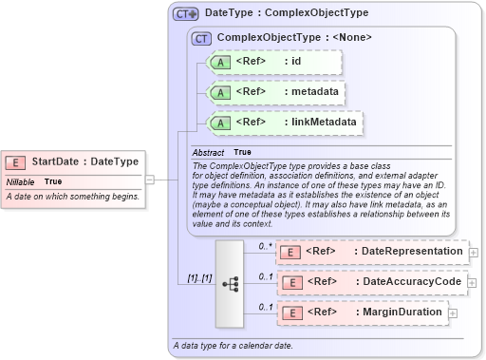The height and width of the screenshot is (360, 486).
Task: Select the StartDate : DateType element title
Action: click(84, 161)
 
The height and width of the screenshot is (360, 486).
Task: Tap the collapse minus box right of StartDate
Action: click(150, 179)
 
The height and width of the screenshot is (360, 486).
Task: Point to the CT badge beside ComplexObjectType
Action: click(201, 38)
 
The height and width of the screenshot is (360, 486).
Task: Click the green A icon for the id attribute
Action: click(220, 62)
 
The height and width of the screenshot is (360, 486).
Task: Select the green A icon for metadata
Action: click(220, 92)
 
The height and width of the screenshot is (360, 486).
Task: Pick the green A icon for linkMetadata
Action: click(220, 123)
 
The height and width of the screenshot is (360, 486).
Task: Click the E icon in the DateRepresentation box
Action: click(292, 251)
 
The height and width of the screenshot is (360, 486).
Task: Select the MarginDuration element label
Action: click(398, 312)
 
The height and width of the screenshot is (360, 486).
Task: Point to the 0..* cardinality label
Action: click(266, 245)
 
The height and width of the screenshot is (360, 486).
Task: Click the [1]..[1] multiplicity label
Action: click(193, 277)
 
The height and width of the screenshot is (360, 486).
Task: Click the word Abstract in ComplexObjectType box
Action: click(208, 152)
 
